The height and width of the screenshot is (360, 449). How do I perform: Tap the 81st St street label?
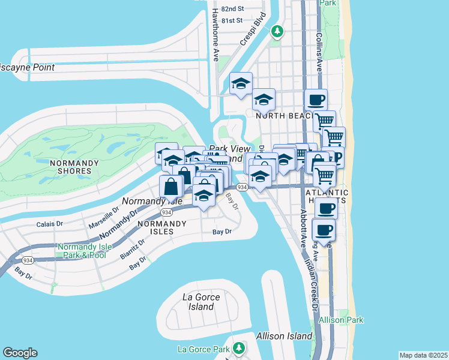[231, 20]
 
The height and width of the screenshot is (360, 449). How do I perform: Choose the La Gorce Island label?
[201, 302]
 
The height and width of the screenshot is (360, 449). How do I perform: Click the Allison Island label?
[284, 336]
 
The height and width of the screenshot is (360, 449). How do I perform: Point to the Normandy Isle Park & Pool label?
[82, 251]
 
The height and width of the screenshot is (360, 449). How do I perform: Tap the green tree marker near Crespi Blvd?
[277, 31]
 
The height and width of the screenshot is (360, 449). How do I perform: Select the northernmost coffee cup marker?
[316, 99]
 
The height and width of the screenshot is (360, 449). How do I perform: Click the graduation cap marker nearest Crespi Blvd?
[241, 83]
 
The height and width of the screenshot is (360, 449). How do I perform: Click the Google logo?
[20, 353]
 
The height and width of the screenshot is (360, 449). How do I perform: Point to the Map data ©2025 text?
[423, 355]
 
